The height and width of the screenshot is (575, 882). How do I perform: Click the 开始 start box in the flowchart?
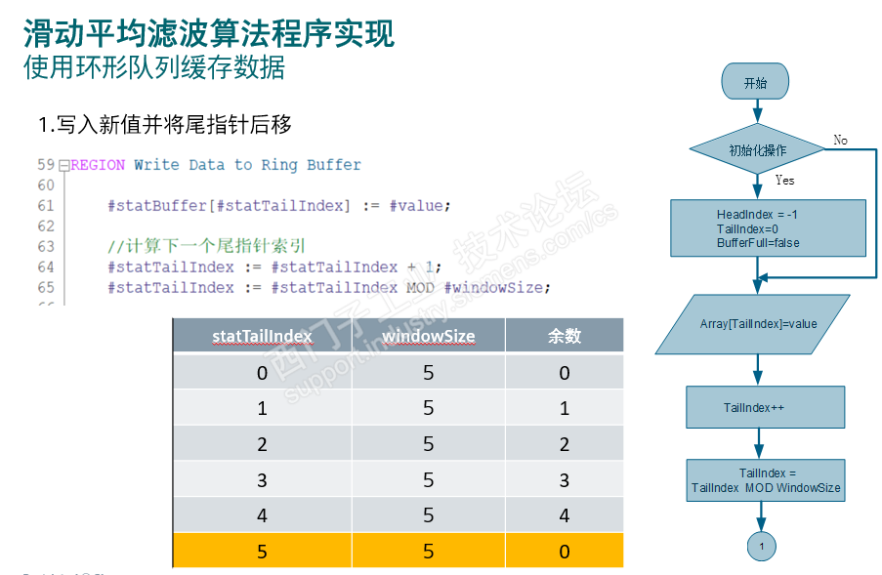click(x=755, y=82)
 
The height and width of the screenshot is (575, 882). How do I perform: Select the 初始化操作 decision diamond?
click(x=757, y=149)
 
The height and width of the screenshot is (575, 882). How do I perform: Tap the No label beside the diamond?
click(x=840, y=140)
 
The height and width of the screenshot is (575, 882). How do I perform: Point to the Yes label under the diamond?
click(x=784, y=180)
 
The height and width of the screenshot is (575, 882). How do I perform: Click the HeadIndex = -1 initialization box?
click(x=768, y=227)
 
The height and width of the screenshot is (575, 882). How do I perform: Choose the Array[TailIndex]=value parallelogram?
click(x=757, y=324)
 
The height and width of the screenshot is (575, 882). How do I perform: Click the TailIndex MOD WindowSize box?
click(x=765, y=480)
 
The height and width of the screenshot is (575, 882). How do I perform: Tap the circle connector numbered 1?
click(x=761, y=546)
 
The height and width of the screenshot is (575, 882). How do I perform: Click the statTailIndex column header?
click(x=262, y=336)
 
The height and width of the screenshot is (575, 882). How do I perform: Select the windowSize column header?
click(x=428, y=336)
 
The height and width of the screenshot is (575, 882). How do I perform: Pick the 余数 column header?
click(x=564, y=336)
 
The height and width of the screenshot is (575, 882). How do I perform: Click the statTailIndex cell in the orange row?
click(x=262, y=552)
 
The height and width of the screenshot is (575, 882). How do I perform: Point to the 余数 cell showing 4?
click(x=564, y=515)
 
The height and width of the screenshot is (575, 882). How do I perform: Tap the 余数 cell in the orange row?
click(x=564, y=552)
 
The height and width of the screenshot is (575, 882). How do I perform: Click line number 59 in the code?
click(x=46, y=165)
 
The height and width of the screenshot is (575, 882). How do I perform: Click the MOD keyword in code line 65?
click(x=420, y=287)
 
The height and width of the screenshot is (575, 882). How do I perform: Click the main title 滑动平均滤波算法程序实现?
click(x=209, y=34)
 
